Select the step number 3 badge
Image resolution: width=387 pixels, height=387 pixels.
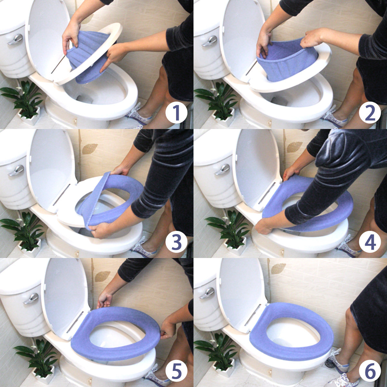pyautogui.click(x=176, y=242)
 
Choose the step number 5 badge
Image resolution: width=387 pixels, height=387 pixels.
pyautogui.click(x=176, y=371)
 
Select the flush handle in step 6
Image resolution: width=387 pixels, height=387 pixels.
pyautogui.click(x=207, y=293)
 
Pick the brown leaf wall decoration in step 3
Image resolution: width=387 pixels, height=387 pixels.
pyautogui.click(x=90, y=149)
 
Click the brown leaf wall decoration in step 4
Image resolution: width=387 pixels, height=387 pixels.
pyautogui.click(x=294, y=147)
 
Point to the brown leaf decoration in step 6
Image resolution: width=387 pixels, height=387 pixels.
pyautogui.click(x=278, y=269)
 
